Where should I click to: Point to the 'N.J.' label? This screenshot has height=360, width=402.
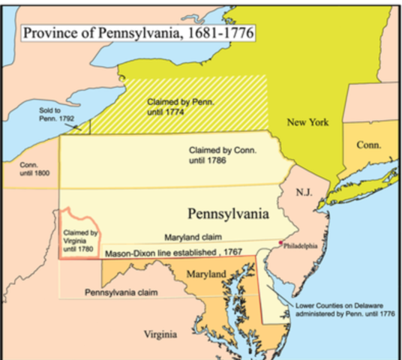pos(304,192)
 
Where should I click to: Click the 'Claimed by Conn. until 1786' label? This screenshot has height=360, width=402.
pos(223,154)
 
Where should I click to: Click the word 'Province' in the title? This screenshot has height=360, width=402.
pos(52,34)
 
